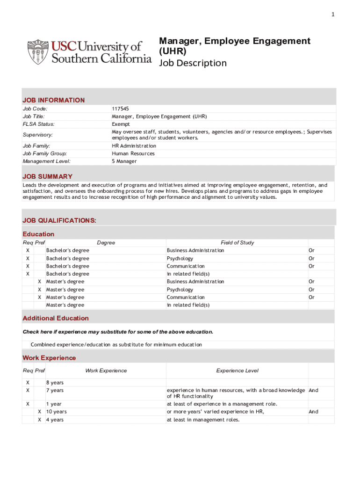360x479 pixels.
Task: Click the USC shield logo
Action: point(37,52)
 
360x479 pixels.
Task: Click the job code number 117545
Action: point(120,109)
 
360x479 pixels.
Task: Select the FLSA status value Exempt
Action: point(121,124)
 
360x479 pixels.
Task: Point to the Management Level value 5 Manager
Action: point(124,161)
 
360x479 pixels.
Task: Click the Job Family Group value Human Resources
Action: point(133,153)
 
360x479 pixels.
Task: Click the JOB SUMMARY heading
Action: point(48,176)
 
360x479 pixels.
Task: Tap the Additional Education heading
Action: point(56,318)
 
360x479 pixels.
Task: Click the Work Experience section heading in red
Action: point(49,358)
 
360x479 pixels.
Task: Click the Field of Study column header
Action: point(237,243)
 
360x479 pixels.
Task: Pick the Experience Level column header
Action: point(237,370)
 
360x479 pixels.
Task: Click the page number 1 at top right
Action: point(333,15)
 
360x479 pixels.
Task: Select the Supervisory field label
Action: point(38,135)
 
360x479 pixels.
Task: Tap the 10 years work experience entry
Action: point(56,412)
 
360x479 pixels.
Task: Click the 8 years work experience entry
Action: point(55,383)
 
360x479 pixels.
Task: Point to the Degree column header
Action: point(106,243)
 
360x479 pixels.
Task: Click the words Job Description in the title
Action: point(193,63)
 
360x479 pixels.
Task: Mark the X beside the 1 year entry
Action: point(28,404)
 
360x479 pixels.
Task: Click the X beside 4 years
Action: point(40,420)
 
